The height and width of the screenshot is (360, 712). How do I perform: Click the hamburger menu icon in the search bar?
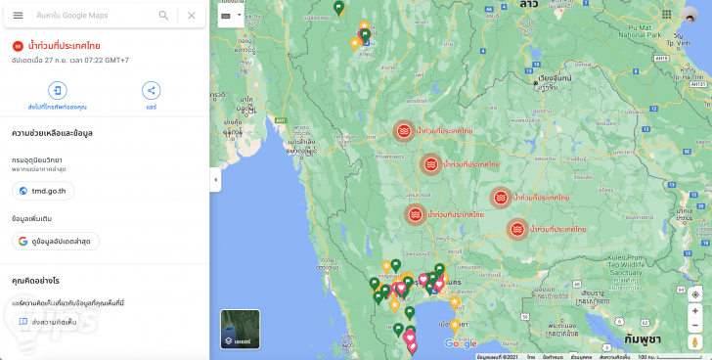point(18,16)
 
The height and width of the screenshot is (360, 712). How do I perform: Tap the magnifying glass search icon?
point(163,16)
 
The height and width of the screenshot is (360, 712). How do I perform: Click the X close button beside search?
point(191,16)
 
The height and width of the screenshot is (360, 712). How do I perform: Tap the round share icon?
point(151,91)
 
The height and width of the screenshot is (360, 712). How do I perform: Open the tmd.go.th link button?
point(44,190)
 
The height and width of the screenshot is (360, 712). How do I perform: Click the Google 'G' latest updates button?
point(55,241)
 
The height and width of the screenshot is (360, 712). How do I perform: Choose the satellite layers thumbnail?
point(240,329)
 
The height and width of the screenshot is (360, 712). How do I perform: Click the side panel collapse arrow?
point(215,180)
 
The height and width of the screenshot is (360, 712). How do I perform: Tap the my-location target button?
point(695,293)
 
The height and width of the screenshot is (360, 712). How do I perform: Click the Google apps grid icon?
point(666,15)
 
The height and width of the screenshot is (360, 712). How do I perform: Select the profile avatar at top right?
point(693,15)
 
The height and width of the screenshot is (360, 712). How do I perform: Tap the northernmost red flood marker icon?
point(403,131)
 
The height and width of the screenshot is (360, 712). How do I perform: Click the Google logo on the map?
point(461,343)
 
